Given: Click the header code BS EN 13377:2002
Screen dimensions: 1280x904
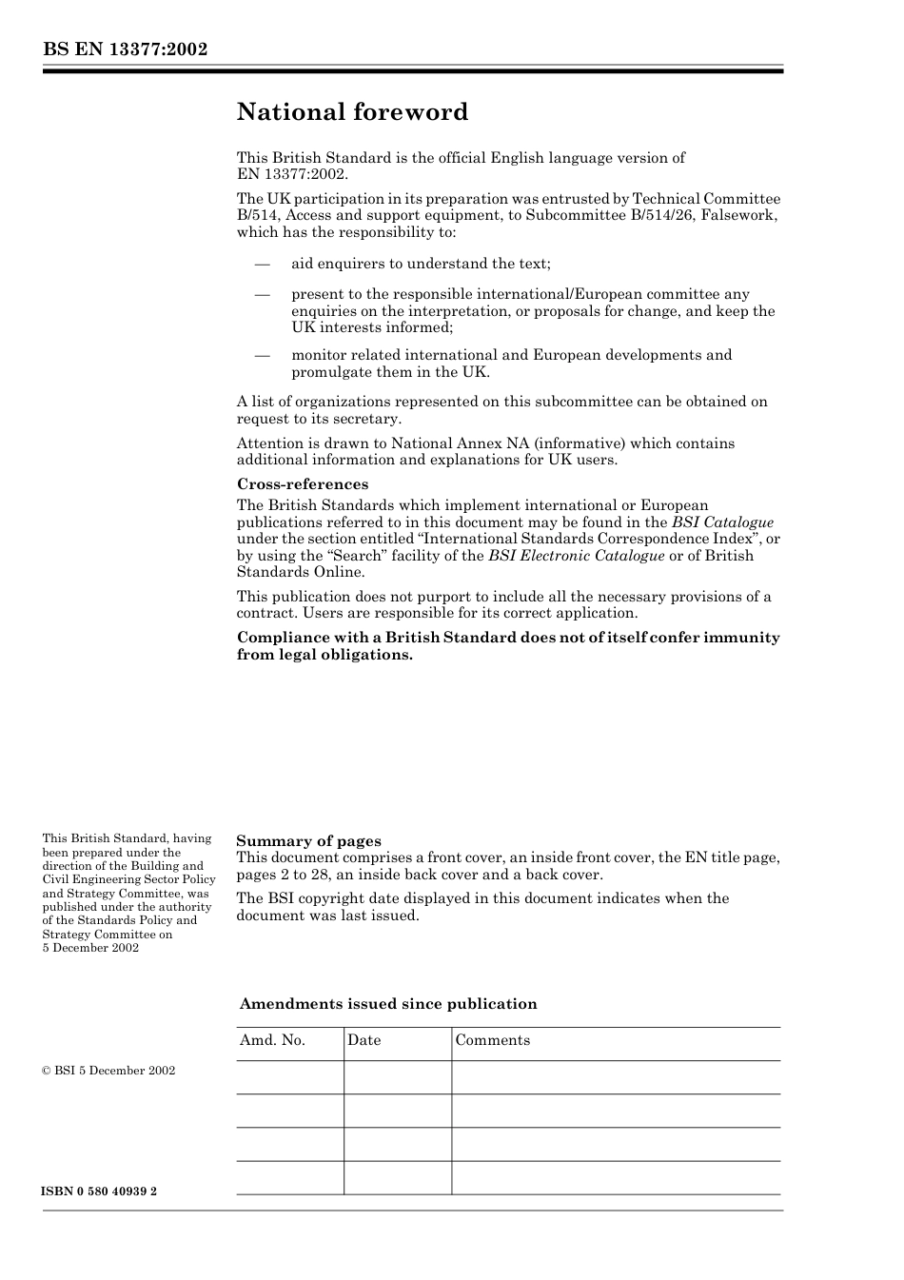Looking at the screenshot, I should (125, 49).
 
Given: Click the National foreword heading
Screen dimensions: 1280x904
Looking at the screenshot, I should (352, 112).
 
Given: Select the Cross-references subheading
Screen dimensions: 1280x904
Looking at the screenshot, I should (303, 484).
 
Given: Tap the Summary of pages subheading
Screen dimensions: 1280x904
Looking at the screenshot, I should (308, 841).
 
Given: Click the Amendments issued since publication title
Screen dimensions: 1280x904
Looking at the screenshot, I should (388, 1004).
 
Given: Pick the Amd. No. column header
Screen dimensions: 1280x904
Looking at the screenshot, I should (272, 1040).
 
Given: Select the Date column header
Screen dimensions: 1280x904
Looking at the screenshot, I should (364, 1040).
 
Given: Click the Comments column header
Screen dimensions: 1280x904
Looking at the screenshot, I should (492, 1040).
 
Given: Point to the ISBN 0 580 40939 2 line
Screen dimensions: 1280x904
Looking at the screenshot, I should (100, 1191).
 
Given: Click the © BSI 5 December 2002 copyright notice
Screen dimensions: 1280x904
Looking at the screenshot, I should (108, 1071).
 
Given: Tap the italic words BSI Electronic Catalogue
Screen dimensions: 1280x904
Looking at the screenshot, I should (576, 556).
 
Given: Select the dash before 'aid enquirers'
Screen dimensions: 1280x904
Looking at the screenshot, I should (262, 264).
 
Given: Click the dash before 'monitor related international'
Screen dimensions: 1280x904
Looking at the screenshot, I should (262, 355).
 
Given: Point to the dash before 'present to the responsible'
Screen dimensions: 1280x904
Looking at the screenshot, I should (262, 294).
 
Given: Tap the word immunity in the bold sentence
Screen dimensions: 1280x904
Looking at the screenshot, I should (741, 638).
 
